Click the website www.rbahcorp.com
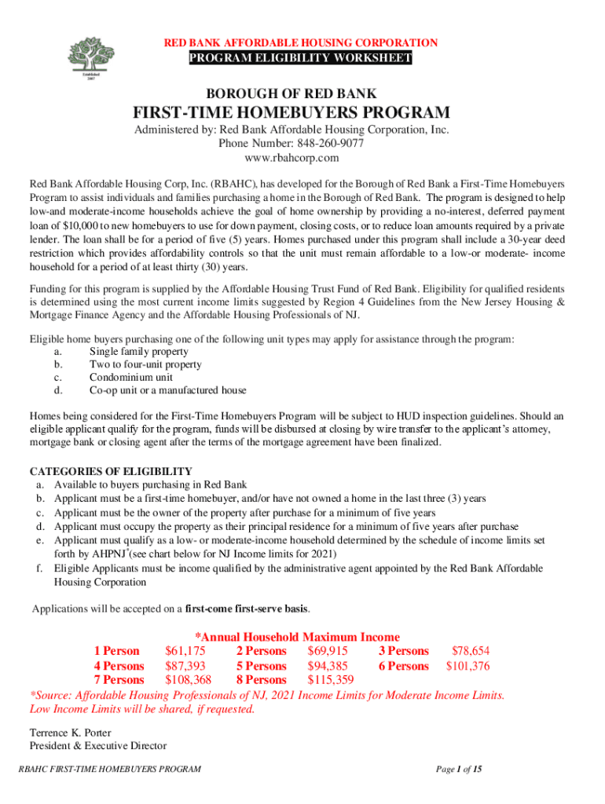(302, 158)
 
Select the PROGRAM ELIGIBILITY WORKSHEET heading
(299, 60)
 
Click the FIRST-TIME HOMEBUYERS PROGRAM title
(302, 113)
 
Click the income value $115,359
(331, 679)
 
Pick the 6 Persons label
(403, 666)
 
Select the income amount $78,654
(470, 651)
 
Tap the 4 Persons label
(119, 666)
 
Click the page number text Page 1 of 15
(459, 769)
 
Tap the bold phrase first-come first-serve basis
(247, 608)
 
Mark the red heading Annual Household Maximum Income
(297, 637)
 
